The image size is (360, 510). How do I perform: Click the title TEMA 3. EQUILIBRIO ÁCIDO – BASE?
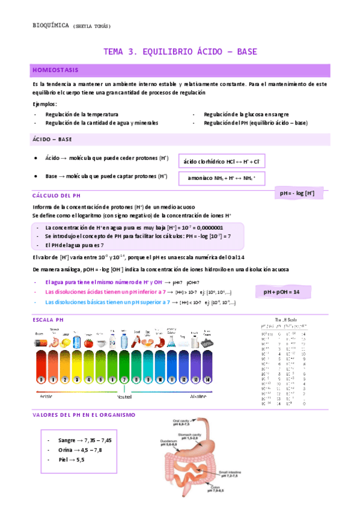(x=180, y=52)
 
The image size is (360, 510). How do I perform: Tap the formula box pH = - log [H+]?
(x=297, y=193)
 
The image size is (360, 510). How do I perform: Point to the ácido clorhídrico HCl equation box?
(x=221, y=162)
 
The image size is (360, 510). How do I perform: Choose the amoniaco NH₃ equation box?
(x=221, y=178)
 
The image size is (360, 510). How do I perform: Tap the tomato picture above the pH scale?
(x=88, y=343)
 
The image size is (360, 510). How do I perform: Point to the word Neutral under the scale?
(x=124, y=398)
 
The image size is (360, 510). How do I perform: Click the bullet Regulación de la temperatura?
(x=82, y=114)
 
